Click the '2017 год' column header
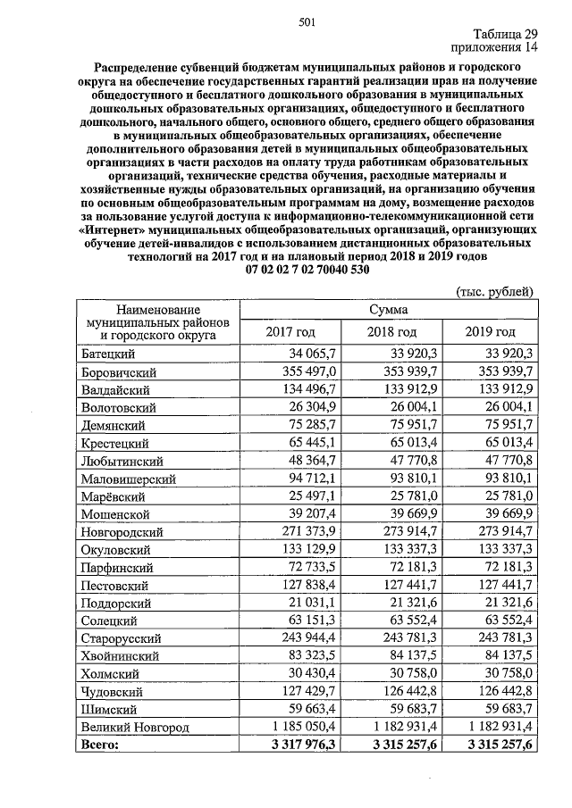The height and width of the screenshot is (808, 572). pos(291,332)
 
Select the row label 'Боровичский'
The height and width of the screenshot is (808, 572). pos(120,371)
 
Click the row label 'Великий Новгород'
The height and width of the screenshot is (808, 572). pos(134,729)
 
